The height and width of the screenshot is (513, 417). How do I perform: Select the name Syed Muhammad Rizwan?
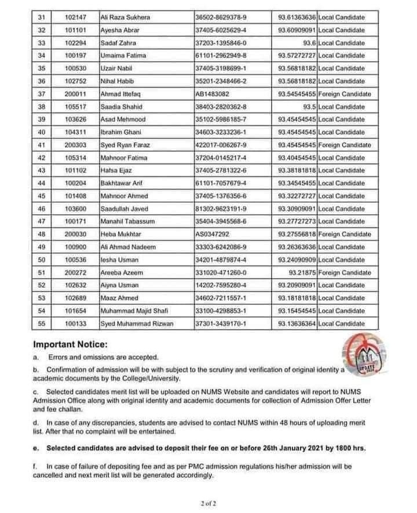137,323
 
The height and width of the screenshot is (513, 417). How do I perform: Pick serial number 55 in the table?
41,323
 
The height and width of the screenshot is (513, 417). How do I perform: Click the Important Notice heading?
74,344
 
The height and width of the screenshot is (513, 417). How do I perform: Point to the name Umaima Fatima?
124,56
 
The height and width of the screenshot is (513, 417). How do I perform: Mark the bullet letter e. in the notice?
36,448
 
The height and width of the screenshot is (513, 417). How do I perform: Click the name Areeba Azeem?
122,272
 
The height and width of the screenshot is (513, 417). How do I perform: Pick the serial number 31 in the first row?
41,17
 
